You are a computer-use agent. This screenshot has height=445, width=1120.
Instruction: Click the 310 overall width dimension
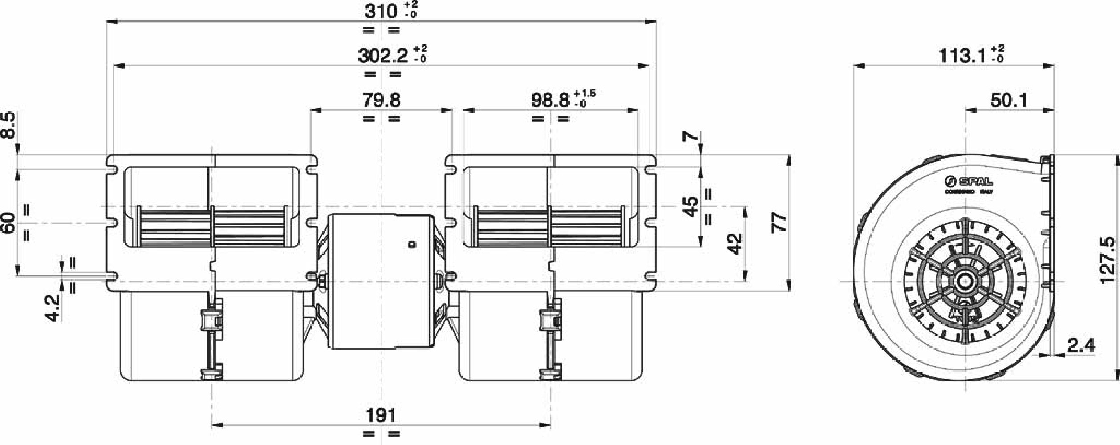pos(381,11)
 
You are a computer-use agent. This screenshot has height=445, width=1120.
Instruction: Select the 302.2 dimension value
pos(382,56)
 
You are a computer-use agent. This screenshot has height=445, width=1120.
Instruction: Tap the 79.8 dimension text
pos(381,100)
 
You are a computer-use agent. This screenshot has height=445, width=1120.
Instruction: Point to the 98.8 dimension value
pos(550,100)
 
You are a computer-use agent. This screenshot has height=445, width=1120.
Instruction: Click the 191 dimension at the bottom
pos(381,416)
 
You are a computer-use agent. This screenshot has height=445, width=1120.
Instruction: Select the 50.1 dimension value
pos(1009,100)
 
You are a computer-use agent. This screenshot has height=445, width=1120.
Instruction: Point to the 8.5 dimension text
pos(8,125)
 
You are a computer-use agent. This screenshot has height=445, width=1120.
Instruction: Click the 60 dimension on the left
pos(8,222)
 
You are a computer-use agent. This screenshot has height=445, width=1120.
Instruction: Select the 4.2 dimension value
pos(52,307)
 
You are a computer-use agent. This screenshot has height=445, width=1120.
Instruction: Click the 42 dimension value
pos(735,243)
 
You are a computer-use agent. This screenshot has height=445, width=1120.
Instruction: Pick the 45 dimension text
pos(690,206)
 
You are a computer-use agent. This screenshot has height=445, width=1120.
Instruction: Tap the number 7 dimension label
pos(690,136)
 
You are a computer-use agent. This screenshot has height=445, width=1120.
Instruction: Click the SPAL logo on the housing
pos(969,182)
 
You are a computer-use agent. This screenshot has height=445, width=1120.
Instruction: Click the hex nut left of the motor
pos(321,281)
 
